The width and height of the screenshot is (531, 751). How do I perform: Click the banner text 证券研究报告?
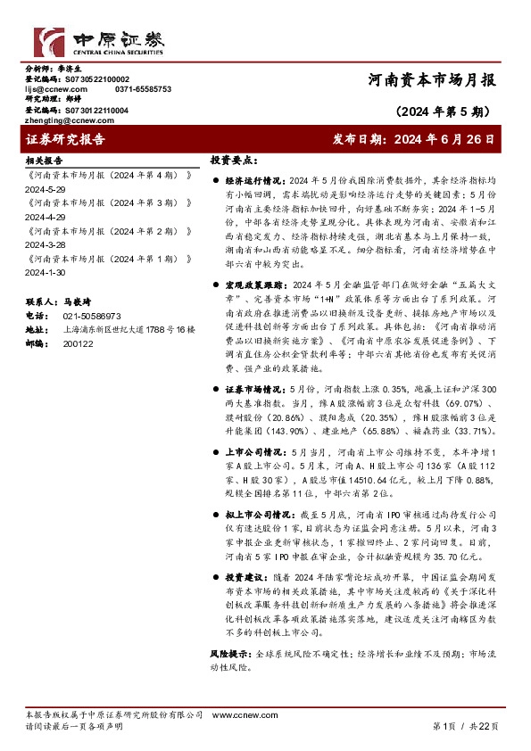pos(65,139)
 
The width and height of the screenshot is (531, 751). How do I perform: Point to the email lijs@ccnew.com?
pos(55,89)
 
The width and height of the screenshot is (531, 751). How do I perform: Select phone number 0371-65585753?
pos(143,89)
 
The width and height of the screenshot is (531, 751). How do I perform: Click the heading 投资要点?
pos(233,161)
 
